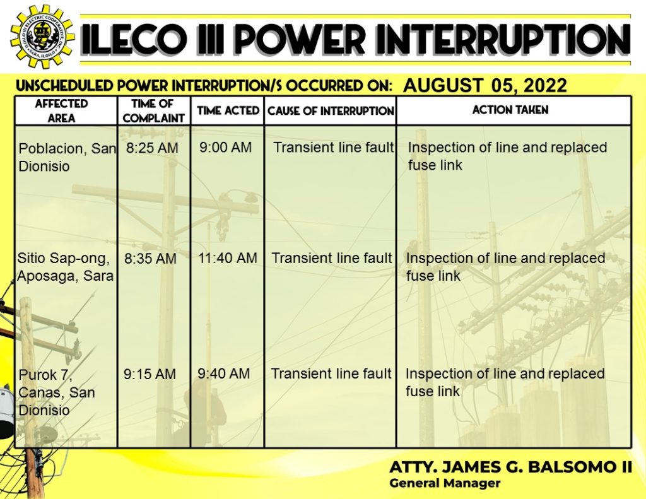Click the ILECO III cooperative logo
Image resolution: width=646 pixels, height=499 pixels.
tap(42, 36)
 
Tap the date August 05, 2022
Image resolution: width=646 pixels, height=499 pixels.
tap(485, 85)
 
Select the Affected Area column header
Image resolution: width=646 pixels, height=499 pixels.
tap(61, 111)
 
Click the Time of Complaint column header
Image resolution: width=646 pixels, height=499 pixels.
tap(154, 111)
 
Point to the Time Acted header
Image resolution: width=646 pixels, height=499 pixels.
tap(228, 110)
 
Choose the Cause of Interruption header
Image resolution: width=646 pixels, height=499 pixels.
tap(331, 111)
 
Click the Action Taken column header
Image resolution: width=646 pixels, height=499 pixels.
tap(510, 110)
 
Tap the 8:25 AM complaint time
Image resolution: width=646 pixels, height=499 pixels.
tap(152, 148)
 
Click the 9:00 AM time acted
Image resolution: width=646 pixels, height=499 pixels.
tap(225, 147)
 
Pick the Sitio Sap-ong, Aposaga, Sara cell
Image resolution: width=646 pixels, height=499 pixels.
tap(65, 267)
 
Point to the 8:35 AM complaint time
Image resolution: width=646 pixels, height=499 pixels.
tap(150, 259)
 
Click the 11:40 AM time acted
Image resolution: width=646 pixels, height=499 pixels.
tap(227, 258)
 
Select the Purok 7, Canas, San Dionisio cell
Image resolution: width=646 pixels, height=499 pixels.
tap(56, 392)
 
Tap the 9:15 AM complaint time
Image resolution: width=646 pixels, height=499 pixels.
tap(150, 373)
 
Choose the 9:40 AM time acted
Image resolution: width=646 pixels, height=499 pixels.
tap(224, 373)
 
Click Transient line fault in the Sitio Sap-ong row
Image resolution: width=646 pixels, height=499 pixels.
tap(332, 258)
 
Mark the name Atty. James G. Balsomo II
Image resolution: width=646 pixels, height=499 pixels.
tap(510, 467)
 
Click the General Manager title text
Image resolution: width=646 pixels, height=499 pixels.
tap(445, 483)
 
